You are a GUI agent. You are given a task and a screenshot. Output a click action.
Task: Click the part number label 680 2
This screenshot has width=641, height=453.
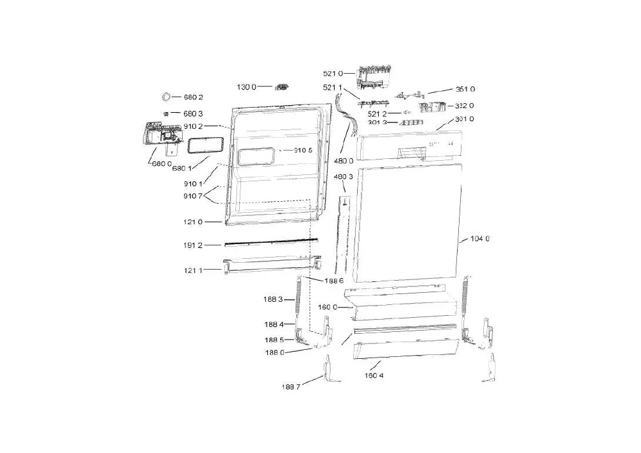tap(193, 97)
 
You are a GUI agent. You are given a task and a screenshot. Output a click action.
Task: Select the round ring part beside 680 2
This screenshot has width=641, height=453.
tap(167, 97)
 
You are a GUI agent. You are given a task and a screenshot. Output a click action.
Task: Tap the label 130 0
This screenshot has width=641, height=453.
tap(247, 87)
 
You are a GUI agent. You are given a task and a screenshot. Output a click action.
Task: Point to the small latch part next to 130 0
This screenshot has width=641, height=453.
tap(281, 87)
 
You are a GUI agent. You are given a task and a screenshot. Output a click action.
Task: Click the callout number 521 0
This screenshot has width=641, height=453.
tap(333, 74)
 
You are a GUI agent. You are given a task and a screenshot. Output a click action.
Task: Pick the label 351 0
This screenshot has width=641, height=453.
tap(465, 89)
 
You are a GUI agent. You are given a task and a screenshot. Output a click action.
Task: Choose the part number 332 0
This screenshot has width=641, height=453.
tap(464, 106)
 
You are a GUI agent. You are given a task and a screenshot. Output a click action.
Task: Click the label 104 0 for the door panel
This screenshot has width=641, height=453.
tap(480, 238)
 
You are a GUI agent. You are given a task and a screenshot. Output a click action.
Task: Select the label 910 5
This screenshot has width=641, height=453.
tap(303, 151)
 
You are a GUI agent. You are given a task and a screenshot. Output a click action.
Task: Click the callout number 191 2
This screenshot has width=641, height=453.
tap(193, 245)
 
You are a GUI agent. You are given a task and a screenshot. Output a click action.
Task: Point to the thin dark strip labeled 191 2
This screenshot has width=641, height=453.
tap(271, 242)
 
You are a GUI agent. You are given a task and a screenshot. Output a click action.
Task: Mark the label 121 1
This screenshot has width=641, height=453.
tap(193, 270)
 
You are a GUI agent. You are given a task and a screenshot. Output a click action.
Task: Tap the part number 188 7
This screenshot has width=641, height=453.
tap(290, 387)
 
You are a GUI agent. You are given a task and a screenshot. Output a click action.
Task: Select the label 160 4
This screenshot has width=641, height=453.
tap(374, 375)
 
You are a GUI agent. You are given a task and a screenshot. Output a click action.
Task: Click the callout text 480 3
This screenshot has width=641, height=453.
tap(343, 176)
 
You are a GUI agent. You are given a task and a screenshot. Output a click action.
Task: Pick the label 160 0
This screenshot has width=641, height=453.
tap(328, 307)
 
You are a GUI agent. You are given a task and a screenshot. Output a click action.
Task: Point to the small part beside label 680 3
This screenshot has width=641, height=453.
tap(166, 113)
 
